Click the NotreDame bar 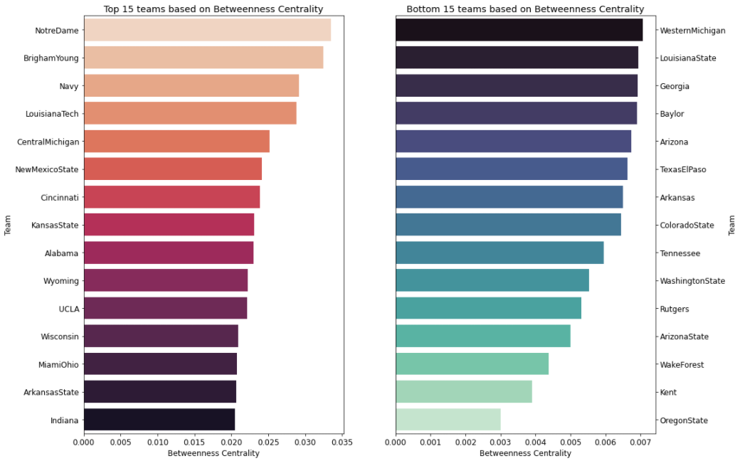pyautogui.click(x=207, y=31)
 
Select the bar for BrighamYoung pyautogui.click(x=203, y=58)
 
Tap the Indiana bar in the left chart pyautogui.click(x=159, y=420)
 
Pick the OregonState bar pyautogui.click(x=448, y=420)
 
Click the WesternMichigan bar pyautogui.click(x=519, y=31)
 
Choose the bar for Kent pyautogui.click(x=464, y=392)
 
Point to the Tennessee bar pyautogui.click(x=499, y=253)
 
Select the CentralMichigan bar pyautogui.click(x=176, y=142)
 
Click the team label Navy pyautogui.click(x=69, y=86)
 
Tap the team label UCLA pyautogui.click(x=69, y=309)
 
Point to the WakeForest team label pyautogui.click(x=682, y=365)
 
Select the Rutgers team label pyautogui.click(x=675, y=309)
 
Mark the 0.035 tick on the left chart pyautogui.click(x=342, y=441)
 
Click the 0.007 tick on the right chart pyautogui.click(x=640, y=441)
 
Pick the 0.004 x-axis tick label pyautogui.click(x=535, y=441)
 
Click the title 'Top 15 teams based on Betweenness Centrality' pyautogui.click(x=213, y=9)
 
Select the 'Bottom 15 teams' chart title pyautogui.click(x=525, y=9)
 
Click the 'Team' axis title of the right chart pyautogui.click(x=732, y=226)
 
